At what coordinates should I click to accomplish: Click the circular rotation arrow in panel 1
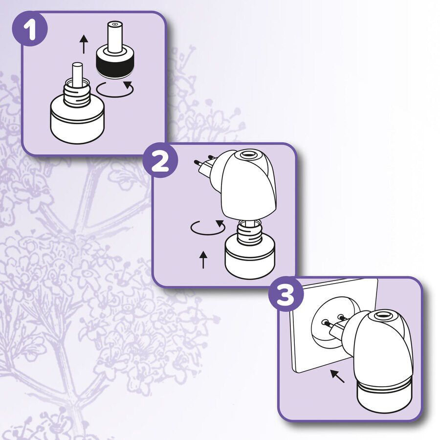[115, 89]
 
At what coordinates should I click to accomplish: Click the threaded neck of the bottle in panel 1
[77, 95]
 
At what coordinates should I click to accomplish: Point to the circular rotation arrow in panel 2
[207, 228]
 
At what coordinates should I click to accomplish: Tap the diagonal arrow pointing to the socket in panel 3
[337, 376]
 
